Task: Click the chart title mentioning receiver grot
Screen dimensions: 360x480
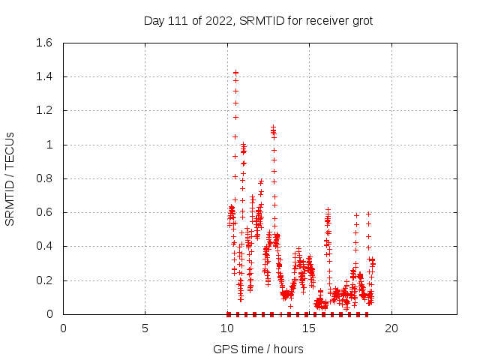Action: [258, 21]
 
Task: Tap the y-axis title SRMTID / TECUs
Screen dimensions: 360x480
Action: [10, 178]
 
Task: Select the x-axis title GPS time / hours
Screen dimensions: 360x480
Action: [258, 349]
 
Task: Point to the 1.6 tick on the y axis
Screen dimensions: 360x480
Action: [43, 43]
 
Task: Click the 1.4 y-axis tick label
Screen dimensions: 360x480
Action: [43, 76]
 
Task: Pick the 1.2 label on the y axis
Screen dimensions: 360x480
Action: [43, 110]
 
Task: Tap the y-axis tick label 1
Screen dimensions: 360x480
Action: [49, 145]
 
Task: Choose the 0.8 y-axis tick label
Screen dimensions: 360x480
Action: [43, 178]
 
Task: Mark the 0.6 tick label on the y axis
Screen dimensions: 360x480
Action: [43, 212]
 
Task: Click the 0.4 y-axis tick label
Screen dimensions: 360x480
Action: [43, 246]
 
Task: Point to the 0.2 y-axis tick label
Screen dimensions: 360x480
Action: [43, 280]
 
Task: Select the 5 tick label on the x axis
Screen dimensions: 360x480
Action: [145, 328]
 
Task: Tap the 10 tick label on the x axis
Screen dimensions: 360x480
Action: [227, 328]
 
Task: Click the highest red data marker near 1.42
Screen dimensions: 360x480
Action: [235, 73]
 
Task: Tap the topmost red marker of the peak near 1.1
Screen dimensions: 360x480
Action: [273, 127]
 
